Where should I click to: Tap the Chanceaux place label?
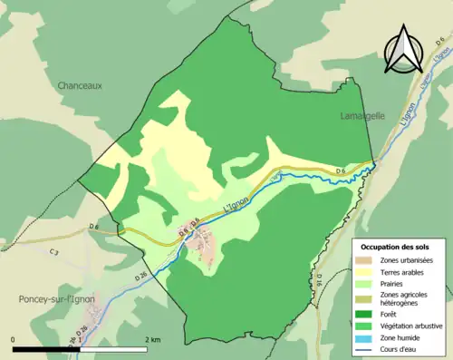pos(80,86)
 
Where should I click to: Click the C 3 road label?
pos(54,251)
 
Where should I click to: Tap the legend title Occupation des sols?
pos(395,247)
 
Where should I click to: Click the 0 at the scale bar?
pos(14,338)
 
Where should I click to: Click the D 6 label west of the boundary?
pos(94,226)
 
